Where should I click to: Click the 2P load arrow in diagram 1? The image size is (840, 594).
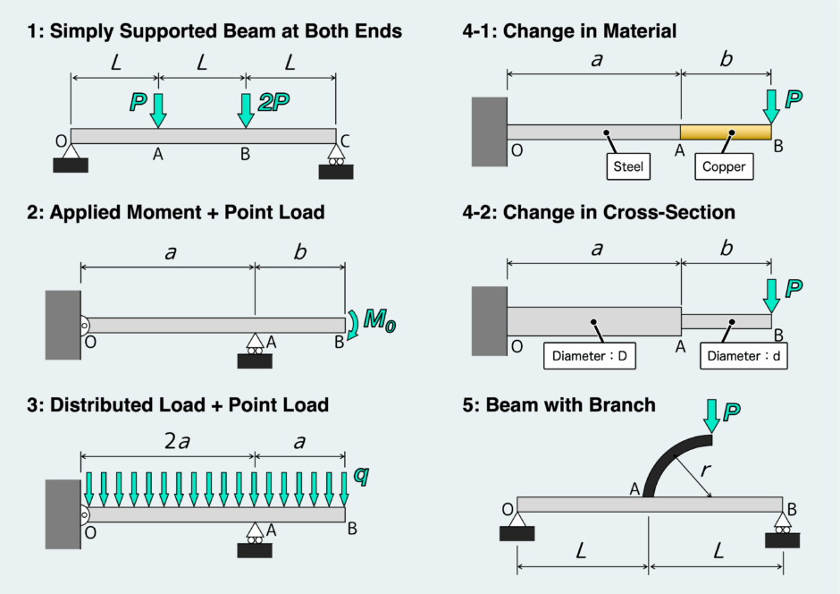246,109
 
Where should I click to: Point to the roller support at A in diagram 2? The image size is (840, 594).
255,352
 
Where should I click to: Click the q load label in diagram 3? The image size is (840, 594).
360,474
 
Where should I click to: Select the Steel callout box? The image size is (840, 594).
628,166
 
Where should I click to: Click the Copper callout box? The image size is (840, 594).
723,166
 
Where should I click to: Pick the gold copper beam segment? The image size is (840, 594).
726,132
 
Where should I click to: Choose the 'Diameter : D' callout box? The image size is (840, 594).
589,355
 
